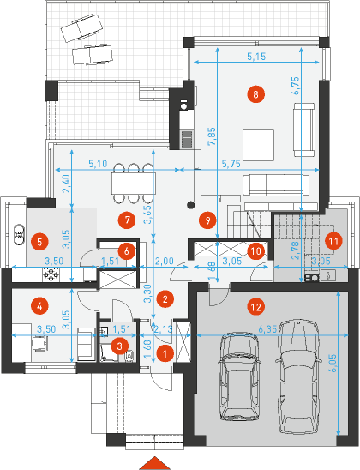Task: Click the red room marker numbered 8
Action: pos(255,94)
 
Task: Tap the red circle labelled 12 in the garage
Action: pos(256,307)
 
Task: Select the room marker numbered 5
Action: pos(39,242)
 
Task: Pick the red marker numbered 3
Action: pos(119,346)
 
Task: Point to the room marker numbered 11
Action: pos(333,241)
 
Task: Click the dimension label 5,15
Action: pos(256,57)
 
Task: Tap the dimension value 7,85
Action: pos(212,136)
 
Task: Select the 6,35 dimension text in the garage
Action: pos(267,329)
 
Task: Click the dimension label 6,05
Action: pos(333,364)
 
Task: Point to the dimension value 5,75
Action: pos(231,164)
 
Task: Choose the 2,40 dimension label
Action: pos(67,184)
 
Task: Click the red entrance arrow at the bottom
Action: pos(155,463)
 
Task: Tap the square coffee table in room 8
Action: pos(259,145)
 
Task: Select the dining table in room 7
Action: pos(134,184)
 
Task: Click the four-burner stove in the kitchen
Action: pos(51,274)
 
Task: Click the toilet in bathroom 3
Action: pos(129,356)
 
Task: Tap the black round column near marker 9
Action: pos(190,205)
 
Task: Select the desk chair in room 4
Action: pos(39,342)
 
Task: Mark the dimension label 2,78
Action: pos(295,250)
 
